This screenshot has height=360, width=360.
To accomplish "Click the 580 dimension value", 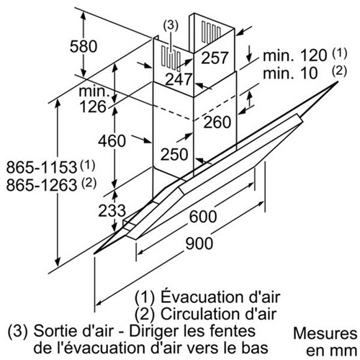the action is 84,46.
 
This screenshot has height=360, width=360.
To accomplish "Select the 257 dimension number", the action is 215,58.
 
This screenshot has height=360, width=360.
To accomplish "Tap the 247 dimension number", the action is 179,79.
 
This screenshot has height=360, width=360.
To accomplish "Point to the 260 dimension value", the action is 217,122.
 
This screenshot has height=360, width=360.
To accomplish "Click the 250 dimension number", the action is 174,154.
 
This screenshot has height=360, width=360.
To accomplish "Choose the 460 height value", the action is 112,140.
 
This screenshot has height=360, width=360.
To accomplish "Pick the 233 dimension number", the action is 112,210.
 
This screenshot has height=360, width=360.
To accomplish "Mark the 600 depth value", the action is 203,216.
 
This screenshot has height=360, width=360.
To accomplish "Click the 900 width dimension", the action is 199,243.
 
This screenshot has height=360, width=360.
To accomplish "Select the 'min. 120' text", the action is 295,55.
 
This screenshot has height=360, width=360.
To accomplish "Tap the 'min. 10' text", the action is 290,73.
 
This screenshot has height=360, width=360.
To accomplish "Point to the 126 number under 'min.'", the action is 93,107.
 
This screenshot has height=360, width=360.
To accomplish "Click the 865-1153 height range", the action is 42,167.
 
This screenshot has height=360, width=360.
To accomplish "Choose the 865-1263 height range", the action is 42,185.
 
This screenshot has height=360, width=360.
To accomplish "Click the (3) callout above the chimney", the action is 171,26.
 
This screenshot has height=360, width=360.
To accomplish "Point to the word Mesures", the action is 325,333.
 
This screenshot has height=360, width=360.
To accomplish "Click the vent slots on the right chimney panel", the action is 211,32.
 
